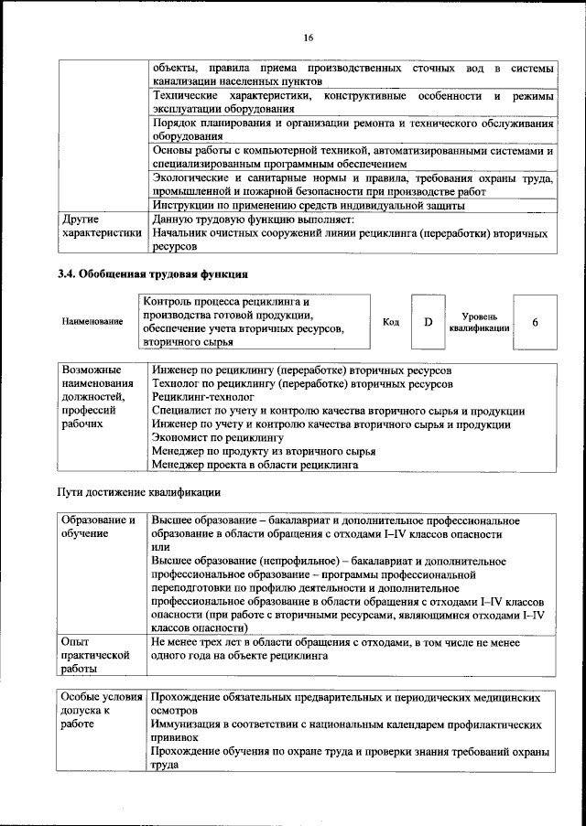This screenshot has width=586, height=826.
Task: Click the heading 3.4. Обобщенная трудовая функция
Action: point(154,274)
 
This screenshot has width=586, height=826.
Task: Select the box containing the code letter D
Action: point(427,322)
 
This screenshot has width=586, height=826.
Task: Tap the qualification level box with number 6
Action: point(535,322)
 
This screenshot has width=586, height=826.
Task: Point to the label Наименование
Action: point(92,322)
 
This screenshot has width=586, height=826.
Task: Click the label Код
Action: point(390,322)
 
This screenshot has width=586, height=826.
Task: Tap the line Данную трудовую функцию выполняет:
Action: point(246,220)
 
